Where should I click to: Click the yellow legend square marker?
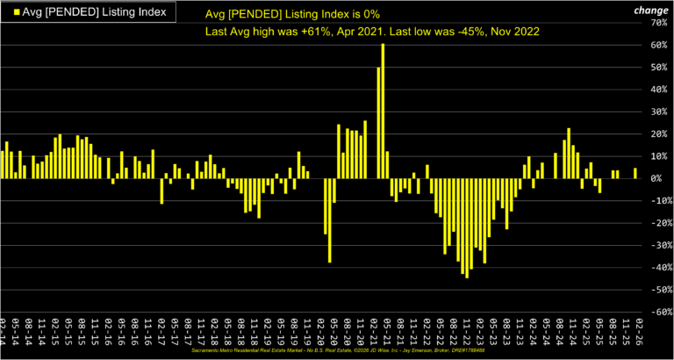(x=9, y=11)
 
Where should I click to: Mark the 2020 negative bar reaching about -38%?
(x=330, y=220)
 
